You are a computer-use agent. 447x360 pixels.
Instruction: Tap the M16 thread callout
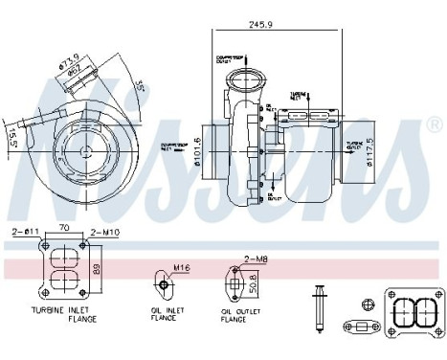tap(182, 268)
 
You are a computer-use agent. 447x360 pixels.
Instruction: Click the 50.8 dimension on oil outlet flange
tap(253, 284)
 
